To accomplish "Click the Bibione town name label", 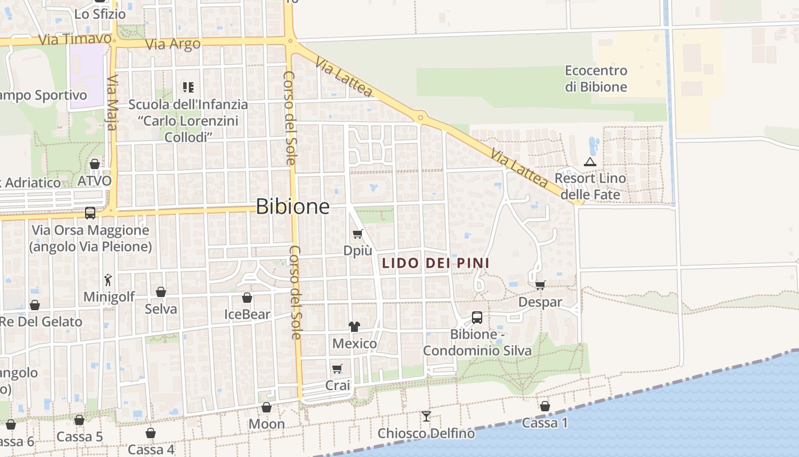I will pos(292,206).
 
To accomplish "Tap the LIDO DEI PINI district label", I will pos(435,263).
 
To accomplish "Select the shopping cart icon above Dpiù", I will pos(358,234).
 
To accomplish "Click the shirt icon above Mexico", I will pos(354,327).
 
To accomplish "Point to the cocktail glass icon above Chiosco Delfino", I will pos(426,416).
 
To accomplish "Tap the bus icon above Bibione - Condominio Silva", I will pos(477,317).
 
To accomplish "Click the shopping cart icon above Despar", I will pos(540,285).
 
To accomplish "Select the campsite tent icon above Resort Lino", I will pos(590,162).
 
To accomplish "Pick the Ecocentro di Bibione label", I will pos(596,79).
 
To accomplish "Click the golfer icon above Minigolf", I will pos(108,280).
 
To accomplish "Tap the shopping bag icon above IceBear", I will pos(247,298).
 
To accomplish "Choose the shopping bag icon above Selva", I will pos(161,292).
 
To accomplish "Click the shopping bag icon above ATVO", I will pos(95,164).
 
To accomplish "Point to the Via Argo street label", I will pos(173,45).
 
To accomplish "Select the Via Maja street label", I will pos(112,102).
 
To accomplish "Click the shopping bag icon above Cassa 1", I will pos(545,406).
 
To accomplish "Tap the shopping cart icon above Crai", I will pos(337,369).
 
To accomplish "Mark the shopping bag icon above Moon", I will pos(266,407).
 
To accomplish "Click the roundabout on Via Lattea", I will pos(421,118).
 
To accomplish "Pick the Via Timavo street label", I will pos(75,39).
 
